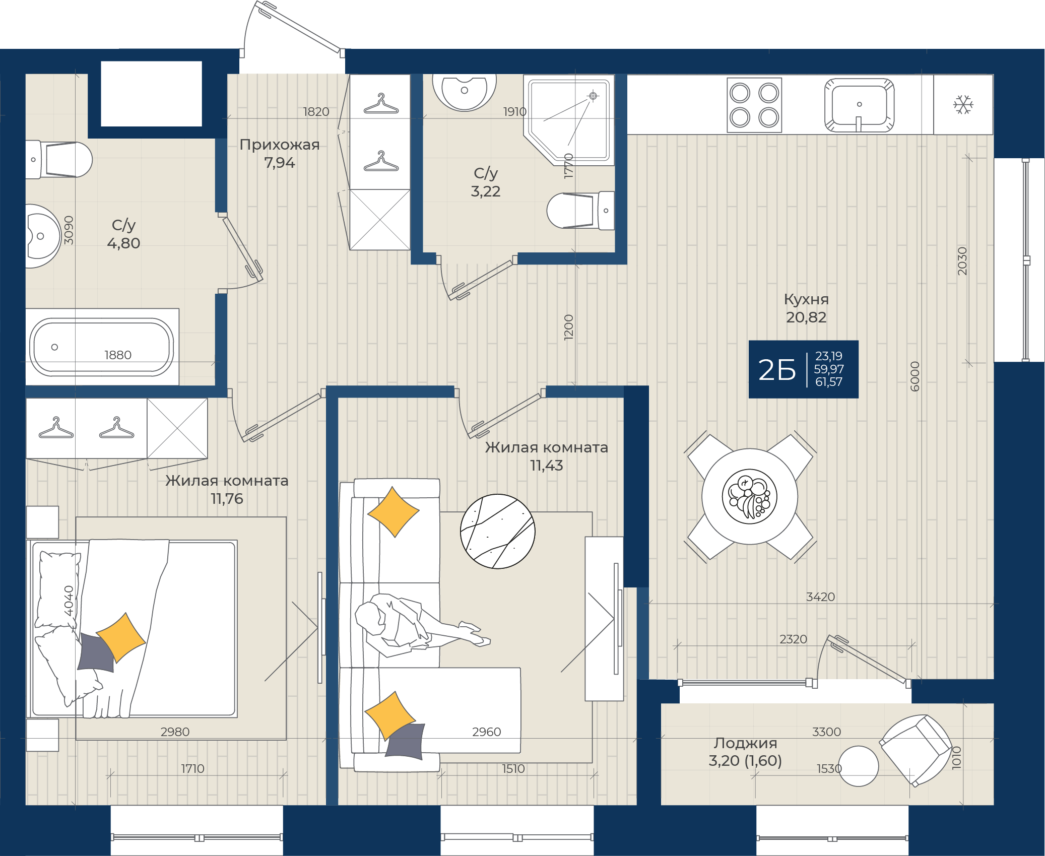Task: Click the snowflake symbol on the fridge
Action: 963,105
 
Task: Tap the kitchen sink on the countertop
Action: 859,105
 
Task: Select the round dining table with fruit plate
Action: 750,496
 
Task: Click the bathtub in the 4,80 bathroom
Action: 102,347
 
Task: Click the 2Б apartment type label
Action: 777,370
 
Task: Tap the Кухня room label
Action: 806,299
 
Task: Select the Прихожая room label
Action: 280,145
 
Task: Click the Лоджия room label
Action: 745,743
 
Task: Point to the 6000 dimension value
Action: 915,376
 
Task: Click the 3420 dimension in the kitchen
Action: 821,597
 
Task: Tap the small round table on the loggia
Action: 858,766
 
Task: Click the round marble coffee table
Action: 498,532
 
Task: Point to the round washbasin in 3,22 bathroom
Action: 465,92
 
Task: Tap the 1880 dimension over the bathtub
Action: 118,355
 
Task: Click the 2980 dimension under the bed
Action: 175,732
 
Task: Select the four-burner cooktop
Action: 754,105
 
